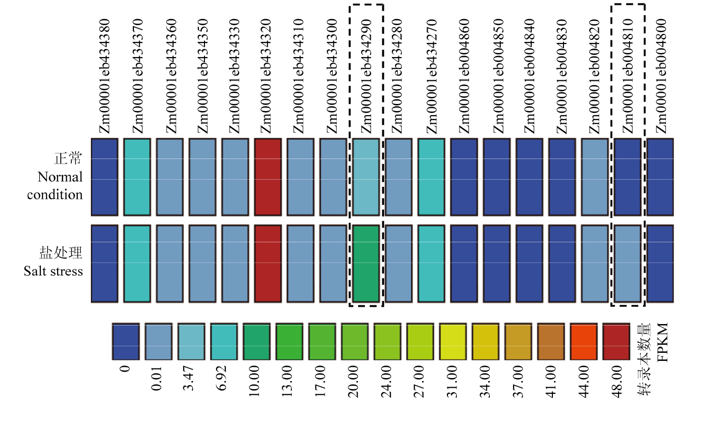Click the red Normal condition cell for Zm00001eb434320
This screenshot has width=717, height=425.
268,177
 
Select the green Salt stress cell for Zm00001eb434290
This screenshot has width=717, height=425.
366,264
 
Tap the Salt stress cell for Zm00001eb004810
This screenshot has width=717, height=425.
628,264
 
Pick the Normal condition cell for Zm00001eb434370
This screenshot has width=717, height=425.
137,177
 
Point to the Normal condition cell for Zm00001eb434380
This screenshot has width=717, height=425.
105,177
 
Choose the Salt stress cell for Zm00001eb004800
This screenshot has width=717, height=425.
660,264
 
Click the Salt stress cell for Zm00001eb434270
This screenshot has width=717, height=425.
431,264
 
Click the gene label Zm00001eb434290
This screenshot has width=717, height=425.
366,76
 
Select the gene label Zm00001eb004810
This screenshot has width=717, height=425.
628,76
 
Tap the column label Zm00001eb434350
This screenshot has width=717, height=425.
202,76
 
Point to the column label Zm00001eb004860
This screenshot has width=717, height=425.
464,76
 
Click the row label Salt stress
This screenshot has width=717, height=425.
53,271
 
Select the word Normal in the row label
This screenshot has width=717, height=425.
60,177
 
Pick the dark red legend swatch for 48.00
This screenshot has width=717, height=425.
616,342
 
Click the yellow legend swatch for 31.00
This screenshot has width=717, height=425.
452,342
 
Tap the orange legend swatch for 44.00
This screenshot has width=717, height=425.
583,342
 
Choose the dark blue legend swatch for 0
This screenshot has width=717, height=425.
126,342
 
